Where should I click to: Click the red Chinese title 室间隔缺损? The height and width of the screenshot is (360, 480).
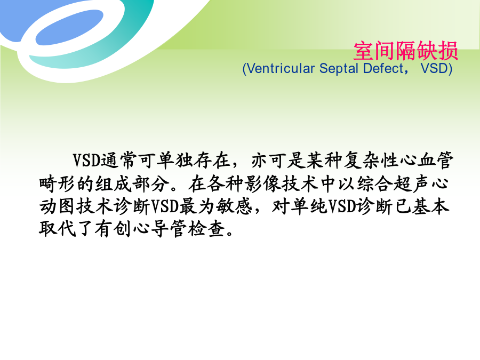406,51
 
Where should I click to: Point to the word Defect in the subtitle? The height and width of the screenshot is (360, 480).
383,68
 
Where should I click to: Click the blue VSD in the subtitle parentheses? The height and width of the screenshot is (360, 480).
434,68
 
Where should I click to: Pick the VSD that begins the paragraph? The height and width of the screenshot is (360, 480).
86,160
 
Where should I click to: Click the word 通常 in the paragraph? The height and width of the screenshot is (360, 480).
119,160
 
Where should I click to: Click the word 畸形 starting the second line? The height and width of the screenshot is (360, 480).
58,183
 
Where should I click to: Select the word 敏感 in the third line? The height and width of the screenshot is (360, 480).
234,206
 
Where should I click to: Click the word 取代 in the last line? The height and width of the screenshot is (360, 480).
58,229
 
